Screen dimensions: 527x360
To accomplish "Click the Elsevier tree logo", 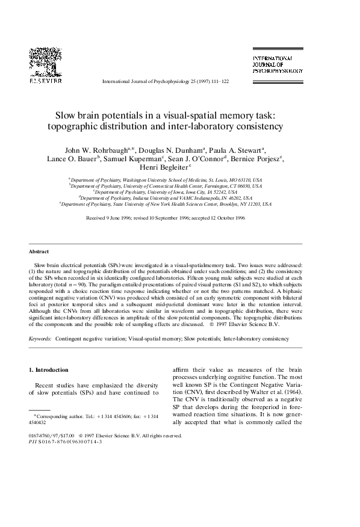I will (45, 60).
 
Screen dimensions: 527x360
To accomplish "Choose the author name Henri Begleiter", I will (180, 169).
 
